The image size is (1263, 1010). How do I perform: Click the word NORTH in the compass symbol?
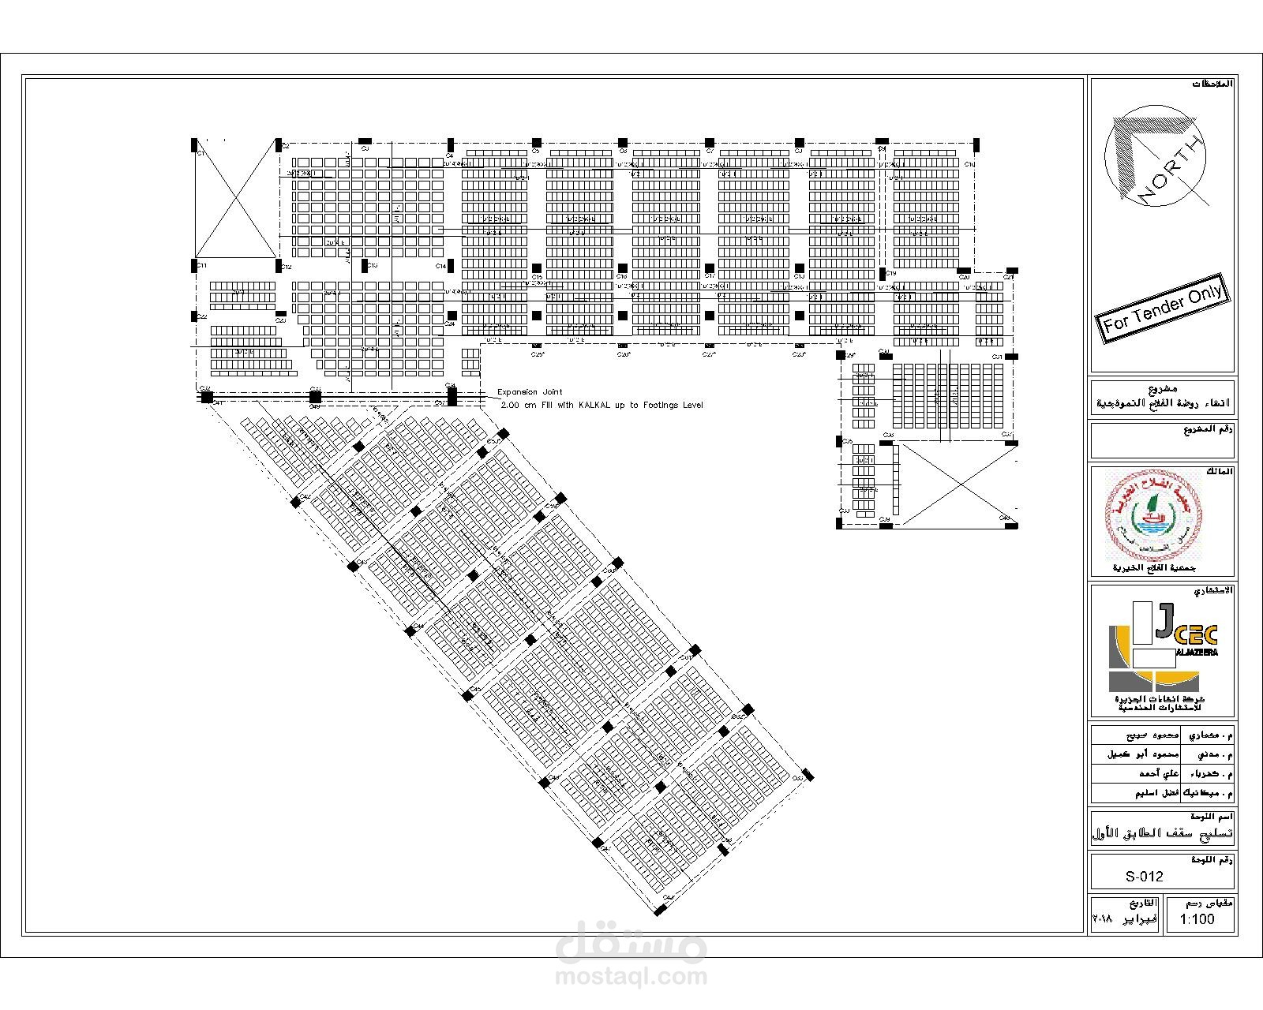point(1171,170)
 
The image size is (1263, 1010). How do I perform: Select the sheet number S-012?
point(1144,876)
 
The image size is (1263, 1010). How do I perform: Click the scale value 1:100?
point(1197,919)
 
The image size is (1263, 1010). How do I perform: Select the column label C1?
point(201,153)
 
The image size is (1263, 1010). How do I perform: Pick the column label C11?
point(201,266)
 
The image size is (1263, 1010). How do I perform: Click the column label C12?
point(287,267)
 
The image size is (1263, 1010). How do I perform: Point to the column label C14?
point(440,267)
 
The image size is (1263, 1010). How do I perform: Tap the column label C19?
point(891,273)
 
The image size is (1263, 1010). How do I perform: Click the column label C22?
point(202,317)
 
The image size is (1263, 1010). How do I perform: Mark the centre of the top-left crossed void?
point(234,201)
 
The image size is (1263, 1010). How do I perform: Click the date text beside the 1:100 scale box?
point(1125,919)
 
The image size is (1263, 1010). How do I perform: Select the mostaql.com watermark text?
point(631,977)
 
